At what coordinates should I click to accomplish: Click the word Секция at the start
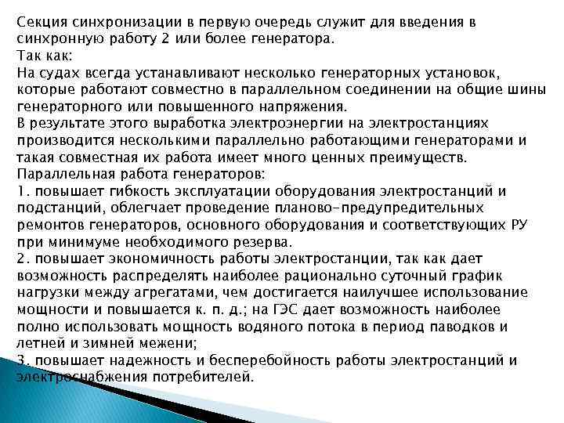(42, 22)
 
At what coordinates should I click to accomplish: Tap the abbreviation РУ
(520, 226)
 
